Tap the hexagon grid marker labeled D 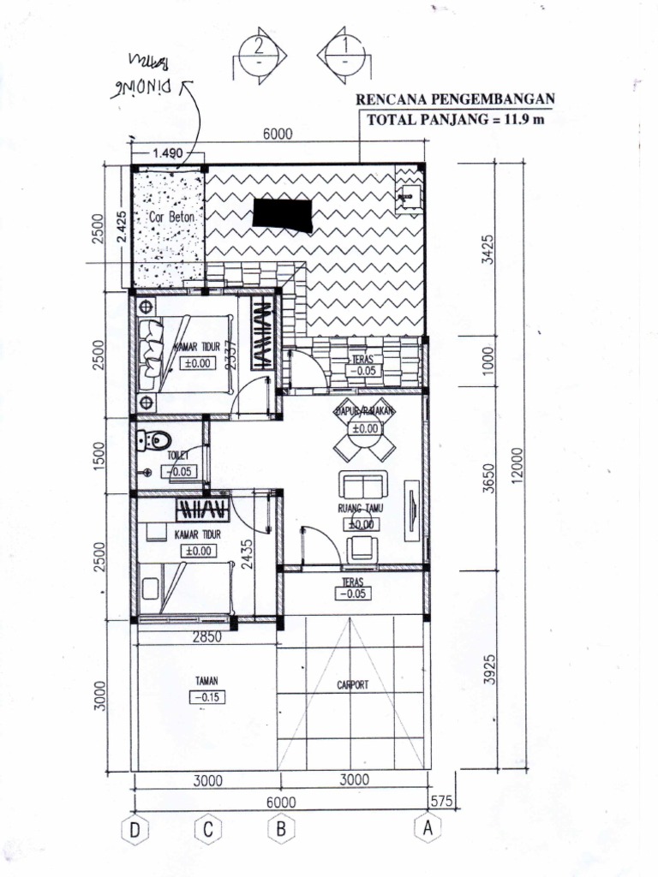click(x=135, y=829)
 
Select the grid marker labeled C click(x=208, y=829)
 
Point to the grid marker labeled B click(x=280, y=829)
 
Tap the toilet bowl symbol click(x=153, y=441)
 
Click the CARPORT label click(x=352, y=685)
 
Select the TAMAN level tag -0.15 click(x=207, y=697)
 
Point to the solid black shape click(x=284, y=215)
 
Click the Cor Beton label click(x=171, y=218)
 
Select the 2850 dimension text click(x=207, y=637)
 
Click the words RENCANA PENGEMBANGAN click(x=455, y=99)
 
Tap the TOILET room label click(x=178, y=456)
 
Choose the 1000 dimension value click(x=488, y=361)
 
